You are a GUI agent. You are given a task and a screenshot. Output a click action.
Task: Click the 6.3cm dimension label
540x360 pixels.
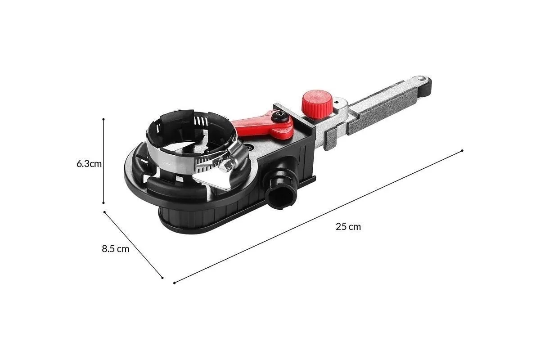coord(89,164)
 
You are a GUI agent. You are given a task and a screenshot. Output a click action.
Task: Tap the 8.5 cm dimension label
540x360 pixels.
coord(116,248)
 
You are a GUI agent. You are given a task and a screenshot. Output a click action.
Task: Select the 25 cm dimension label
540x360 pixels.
coord(348,227)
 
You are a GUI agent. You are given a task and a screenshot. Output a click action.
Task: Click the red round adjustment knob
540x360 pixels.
coord(317,104)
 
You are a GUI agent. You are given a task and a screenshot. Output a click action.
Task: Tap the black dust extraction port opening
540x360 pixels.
coord(281,198)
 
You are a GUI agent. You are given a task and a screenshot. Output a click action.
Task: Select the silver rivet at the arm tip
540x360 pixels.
coord(421,78)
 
